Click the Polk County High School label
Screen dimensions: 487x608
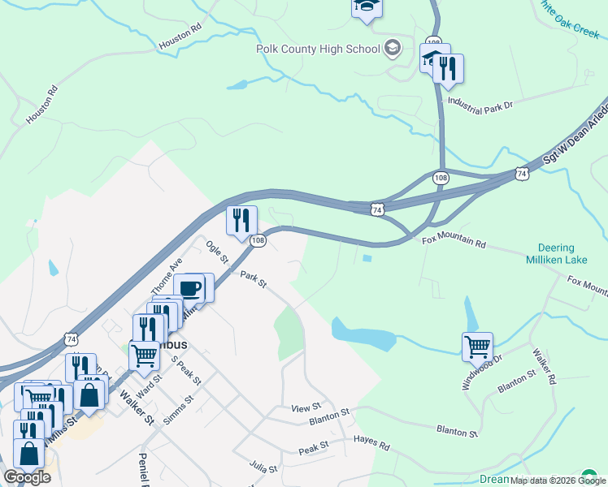[318, 49]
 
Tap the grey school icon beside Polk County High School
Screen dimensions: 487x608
[393, 47]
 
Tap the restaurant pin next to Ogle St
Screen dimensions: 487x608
[241, 220]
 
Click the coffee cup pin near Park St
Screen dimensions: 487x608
[191, 289]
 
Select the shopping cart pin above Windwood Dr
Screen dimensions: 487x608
[477, 347]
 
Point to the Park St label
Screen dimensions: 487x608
[253, 279]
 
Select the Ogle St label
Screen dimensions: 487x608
[217, 251]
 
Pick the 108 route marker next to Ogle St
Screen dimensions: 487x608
[258, 240]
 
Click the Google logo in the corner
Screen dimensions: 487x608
[27, 477]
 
